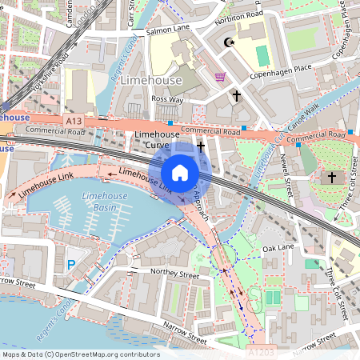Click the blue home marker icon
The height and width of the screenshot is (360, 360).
tap(180, 173)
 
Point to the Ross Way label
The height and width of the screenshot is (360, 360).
tap(167, 100)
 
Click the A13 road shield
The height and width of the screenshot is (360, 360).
tap(74, 120)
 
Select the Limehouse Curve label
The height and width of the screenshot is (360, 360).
tap(157, 139)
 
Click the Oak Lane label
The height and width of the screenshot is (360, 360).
tap(279, 248)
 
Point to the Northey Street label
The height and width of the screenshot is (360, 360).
tap(177, 274)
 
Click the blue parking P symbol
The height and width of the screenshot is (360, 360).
tap(71, 264)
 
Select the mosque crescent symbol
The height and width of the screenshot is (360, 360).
tap(230, 42)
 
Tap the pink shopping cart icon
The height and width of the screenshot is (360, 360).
tap(220, 77)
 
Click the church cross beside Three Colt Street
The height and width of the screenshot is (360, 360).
tap(332, 177)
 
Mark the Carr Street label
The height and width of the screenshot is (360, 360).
tap(130, 10)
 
